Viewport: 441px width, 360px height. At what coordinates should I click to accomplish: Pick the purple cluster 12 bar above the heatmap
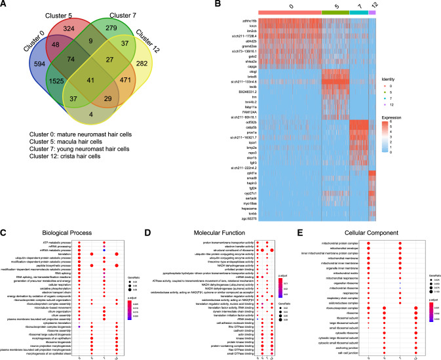pos(372,13)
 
